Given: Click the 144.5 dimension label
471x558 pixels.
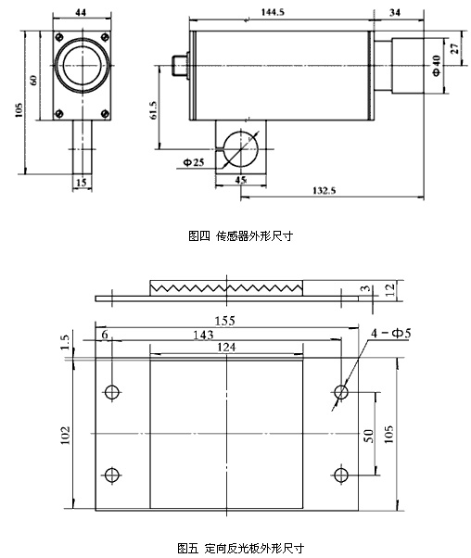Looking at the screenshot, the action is click(x=273, y=12).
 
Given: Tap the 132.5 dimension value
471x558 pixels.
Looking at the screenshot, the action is click(x=324, y=190).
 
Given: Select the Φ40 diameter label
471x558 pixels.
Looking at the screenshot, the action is click(x=437, y=65).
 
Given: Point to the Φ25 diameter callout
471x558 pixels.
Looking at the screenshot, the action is click(x=194, y=162).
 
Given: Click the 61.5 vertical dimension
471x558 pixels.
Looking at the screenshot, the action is click(x=153, y=110).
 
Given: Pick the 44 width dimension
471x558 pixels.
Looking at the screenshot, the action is click(x=81, y=12).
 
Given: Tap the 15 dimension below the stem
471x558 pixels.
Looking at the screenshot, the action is click(x=82, y=183).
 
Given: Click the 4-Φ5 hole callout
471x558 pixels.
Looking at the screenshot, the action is click(x=391, y=333).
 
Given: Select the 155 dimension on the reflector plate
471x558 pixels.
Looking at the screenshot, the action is click(x=224, y=321).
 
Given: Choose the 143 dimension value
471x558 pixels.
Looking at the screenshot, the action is click(x=203, y=335).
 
